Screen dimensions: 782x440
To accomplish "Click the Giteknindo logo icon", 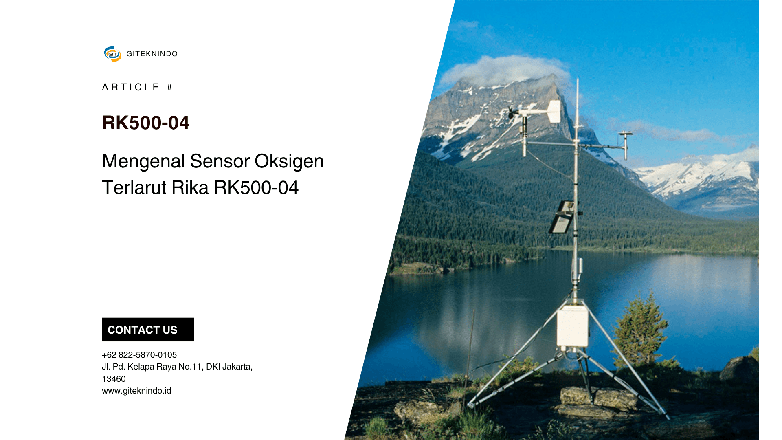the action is pos(112,54).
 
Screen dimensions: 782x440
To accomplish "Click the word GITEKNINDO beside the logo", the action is pos(152,54).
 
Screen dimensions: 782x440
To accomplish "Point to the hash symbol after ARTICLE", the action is pos(169,87).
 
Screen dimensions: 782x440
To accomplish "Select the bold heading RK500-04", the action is pos(145,123).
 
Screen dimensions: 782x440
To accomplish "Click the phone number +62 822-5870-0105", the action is pos(139,355).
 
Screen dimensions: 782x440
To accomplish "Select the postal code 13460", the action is pos(114,379).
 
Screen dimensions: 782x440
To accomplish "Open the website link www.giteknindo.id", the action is pos(136,391).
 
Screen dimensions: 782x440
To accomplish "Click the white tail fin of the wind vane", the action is pos(554,111).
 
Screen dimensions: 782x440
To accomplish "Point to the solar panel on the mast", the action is pos(562,217).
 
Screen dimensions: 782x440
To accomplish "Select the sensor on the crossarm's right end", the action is pos(625,141).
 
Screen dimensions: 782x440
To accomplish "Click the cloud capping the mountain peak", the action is pos(505,70).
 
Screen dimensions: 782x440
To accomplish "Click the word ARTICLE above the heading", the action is pos(130,87).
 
